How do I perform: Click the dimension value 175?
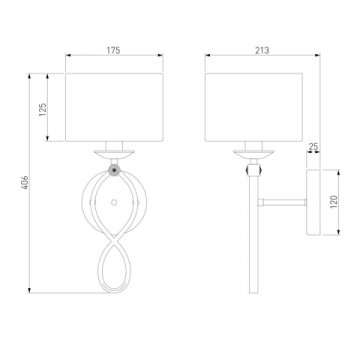tap(113, 50)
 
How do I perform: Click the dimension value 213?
tap(262, 50)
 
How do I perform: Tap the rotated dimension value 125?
tap(43, 109)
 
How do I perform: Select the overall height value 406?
tap(25, 182)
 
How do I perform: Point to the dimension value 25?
tap(313, 146)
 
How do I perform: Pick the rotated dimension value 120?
tap(334, 202)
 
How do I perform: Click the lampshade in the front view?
tap(114, 107)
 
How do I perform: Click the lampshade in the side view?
tap(254, 107)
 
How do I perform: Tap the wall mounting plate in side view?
tap(313, 202)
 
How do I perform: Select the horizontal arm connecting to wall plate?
tap(282, 202)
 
